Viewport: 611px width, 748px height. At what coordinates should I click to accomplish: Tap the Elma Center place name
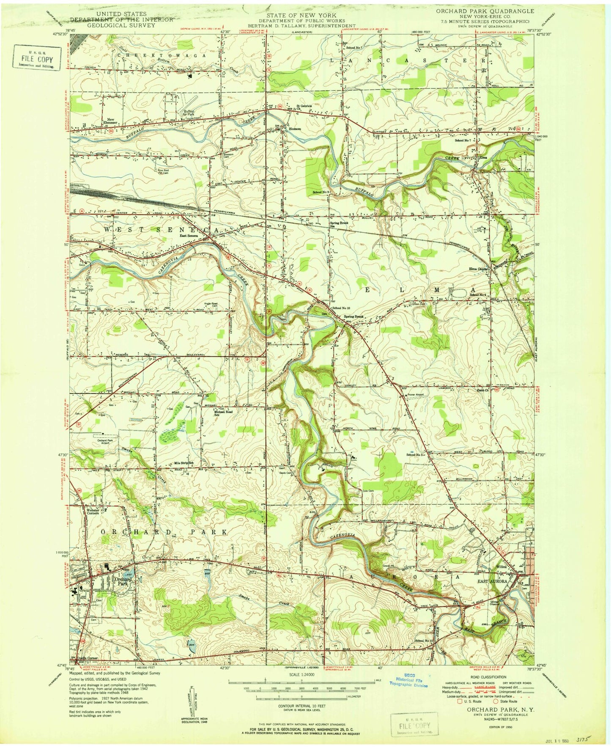tap(479, 269)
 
